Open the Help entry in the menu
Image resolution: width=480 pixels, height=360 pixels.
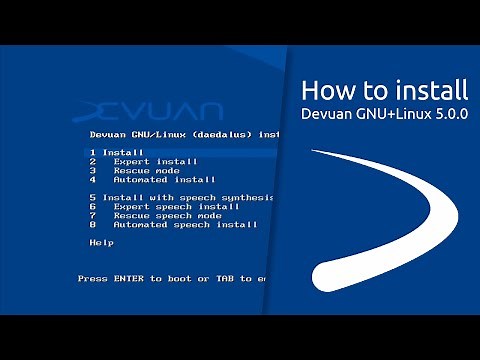tap(101, 242)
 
